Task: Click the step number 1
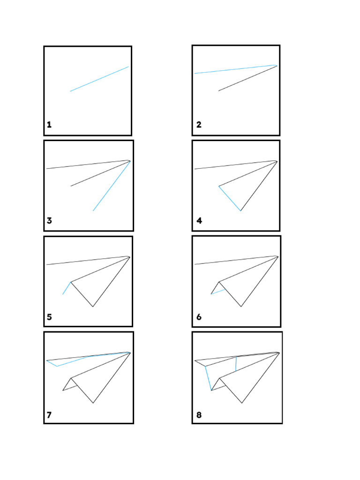click(49, 125)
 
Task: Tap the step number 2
click(199, 125)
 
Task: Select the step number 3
click(49, 221)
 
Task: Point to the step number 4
click(199, 221)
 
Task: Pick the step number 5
click(49, 317)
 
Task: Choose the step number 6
click(199, 317)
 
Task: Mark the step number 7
click(49, 415)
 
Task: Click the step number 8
click(199, 415)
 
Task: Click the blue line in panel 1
click(99, 79)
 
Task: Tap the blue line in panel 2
click(234, 69)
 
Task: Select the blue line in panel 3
click(112, 186)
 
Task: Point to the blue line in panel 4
click(230, 198)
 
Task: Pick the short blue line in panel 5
click(67, 288)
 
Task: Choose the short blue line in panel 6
click(218, 292)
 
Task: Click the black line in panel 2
click(247, 78)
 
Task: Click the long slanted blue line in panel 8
click(208, 378)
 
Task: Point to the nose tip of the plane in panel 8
click(279, 353)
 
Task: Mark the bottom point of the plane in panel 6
click(241, 307)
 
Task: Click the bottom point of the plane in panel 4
click(241, 210)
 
